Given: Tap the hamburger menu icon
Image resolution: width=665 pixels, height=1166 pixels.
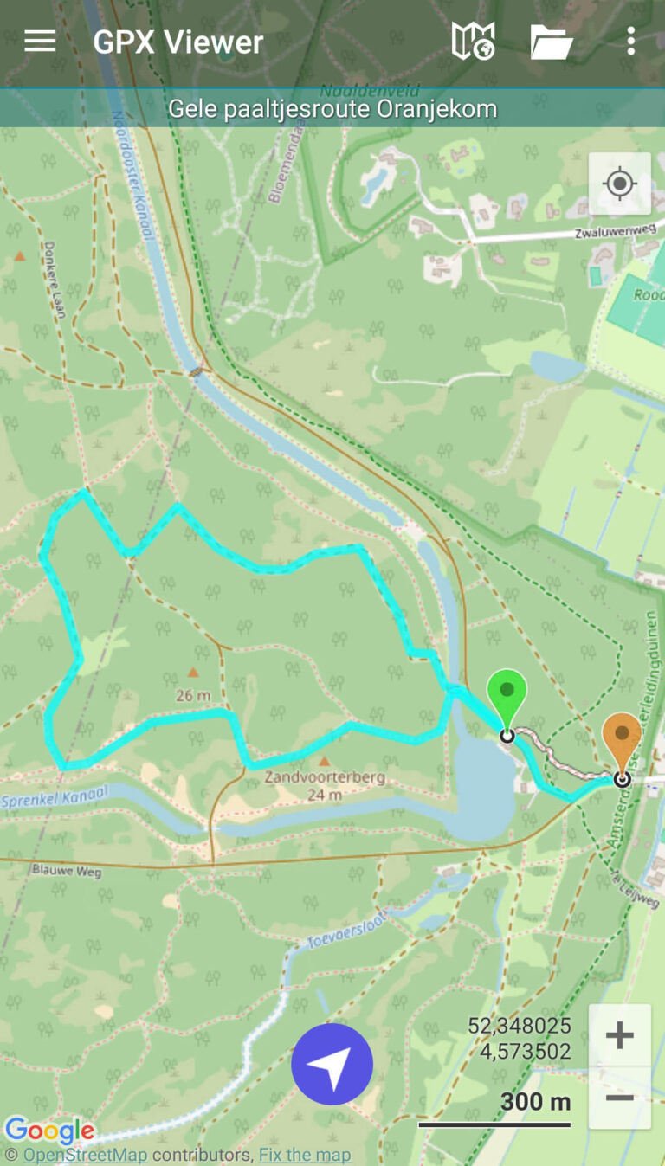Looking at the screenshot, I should [x=40, y=42].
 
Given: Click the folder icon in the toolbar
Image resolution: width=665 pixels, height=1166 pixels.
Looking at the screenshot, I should [x=552, y=42].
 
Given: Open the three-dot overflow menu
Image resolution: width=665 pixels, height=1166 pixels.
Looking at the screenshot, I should [x=630, y=42].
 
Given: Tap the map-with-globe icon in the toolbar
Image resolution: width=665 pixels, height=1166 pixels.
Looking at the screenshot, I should [x=473, y=42].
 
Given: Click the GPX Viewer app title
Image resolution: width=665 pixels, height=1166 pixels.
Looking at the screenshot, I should [x=178, y=42].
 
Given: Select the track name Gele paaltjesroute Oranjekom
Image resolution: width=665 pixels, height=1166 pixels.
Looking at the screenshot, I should [x=332, y=109].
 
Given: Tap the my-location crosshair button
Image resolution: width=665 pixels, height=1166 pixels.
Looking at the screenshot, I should [x=619, y=184].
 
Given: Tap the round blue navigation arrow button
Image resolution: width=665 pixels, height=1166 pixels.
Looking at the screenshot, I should [x=332, y=1064].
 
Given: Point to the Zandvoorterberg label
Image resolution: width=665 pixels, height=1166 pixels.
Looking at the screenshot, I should [x=325, y=777].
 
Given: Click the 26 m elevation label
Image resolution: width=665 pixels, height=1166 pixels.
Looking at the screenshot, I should [x=192, y=695].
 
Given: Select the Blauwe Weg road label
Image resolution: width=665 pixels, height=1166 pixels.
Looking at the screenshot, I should [x=66, y=870].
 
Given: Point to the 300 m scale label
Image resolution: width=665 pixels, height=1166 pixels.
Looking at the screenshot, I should [x=535, y=1102].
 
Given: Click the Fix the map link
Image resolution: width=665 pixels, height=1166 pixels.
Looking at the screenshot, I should [x=305, y=1155].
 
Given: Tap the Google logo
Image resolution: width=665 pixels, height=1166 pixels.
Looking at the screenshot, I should [x=49, y=1131].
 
